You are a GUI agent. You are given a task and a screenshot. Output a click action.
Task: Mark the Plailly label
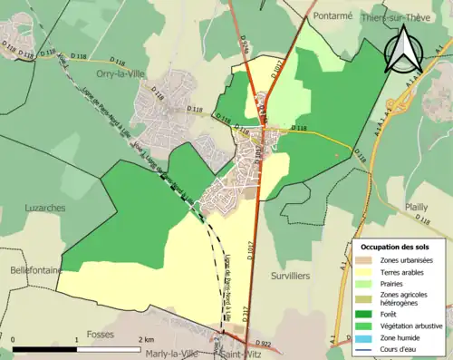416,207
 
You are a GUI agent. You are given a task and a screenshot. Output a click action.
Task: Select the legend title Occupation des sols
399,247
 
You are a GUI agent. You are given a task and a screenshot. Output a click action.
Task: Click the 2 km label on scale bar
145,339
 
